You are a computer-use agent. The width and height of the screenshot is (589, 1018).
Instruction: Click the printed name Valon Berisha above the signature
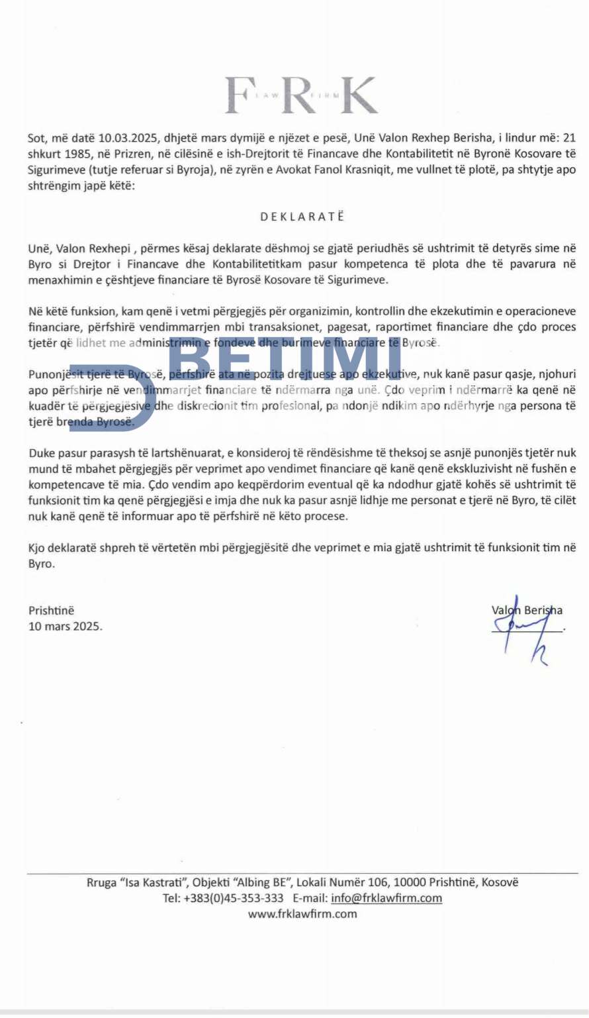[x=527, y=610]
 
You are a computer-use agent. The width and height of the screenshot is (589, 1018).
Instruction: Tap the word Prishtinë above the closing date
[x=52, y=610]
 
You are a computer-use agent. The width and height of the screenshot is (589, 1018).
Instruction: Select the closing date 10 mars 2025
[x=66, y=626]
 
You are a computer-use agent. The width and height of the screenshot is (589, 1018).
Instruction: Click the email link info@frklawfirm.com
[x=386, y=898]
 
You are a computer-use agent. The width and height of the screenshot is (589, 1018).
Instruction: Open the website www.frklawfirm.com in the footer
[x=302, y=914]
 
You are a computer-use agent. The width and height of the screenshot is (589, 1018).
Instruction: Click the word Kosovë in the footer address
[x=500, y=882]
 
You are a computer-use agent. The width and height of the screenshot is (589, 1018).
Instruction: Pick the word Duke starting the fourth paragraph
[x=42, y=453]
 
